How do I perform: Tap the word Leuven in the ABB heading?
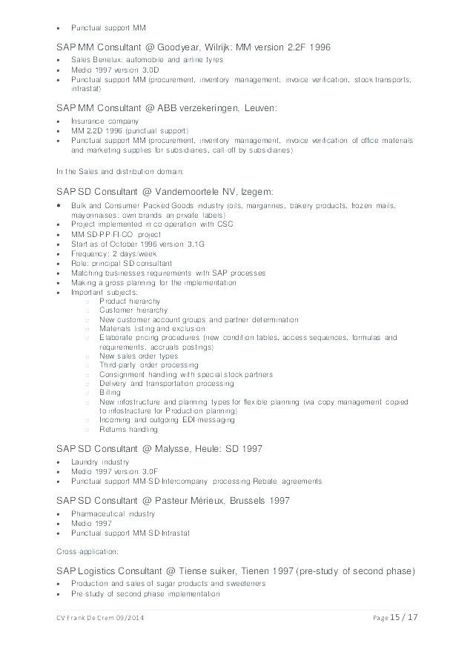click(x=257, y=108)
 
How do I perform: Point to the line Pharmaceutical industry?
click(x=113, y=513)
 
